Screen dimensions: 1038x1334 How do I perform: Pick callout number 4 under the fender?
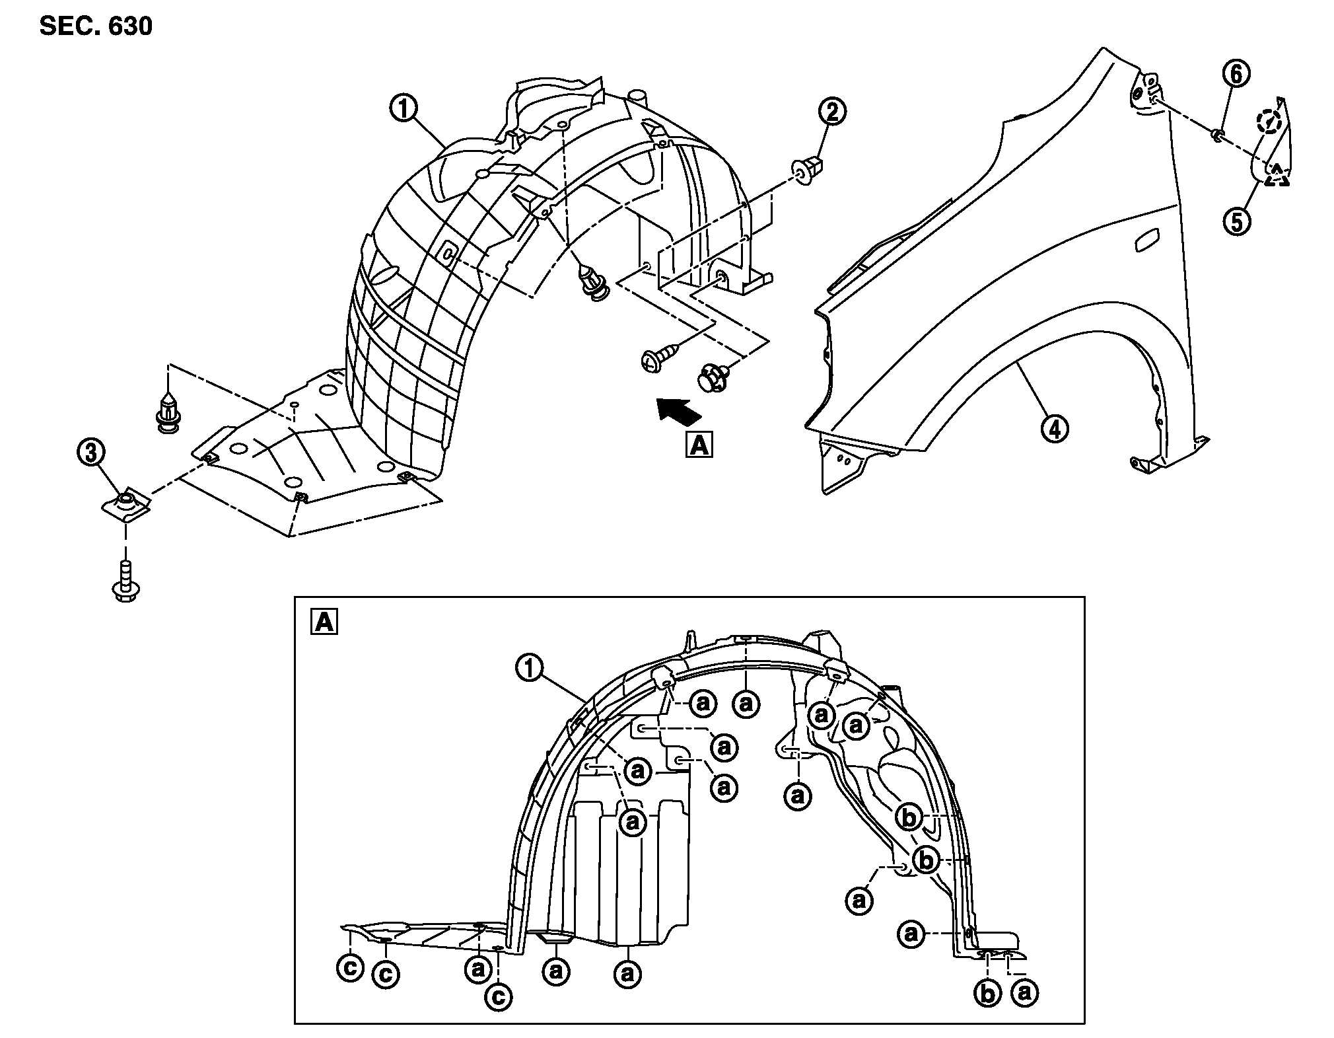[x=1055, y=429]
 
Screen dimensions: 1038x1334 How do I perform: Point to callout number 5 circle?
[x=1237, y=221]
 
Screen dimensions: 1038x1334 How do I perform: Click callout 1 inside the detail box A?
[x=529, y=669]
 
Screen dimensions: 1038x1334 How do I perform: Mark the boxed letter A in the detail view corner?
[x=324, y=622]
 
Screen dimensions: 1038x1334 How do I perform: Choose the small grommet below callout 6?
[x=1216, y=137]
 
